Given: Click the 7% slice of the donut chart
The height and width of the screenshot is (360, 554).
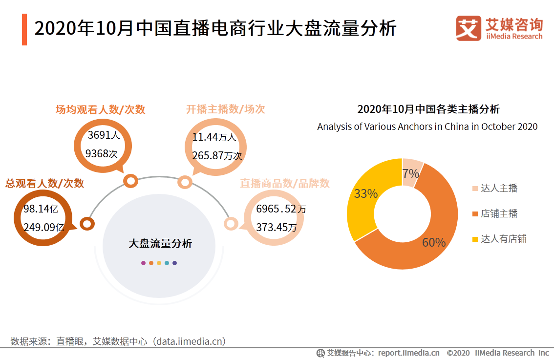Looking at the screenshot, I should click(411, 172).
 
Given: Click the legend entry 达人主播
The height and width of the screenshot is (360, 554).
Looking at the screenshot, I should click(499, 189).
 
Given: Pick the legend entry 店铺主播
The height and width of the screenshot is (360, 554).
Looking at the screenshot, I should click(499, 213).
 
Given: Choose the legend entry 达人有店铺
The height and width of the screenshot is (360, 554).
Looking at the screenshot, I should click(503, 239).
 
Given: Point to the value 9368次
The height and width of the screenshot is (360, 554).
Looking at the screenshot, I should click(102, 154).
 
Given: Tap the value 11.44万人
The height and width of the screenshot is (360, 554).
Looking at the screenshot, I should click(214, 137).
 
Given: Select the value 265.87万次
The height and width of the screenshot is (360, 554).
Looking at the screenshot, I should click(217, 156).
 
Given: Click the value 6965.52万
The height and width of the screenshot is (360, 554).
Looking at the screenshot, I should click(281, 209).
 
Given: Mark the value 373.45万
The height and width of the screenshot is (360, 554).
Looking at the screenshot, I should click(276, 227).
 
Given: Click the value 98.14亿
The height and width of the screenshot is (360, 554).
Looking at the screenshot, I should click(41, 209).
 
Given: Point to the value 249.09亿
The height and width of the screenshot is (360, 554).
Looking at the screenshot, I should click(44, 227).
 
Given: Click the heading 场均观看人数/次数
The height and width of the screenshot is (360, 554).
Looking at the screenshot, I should click(100, 109).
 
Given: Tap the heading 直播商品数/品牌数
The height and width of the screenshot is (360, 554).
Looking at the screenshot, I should click(284, 183).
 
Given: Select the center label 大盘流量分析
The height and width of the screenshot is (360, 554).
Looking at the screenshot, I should click(160, 243).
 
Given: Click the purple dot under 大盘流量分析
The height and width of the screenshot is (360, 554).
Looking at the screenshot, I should click(143, 263).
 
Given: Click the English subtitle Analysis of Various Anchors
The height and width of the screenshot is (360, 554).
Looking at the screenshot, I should click(427, 127).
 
